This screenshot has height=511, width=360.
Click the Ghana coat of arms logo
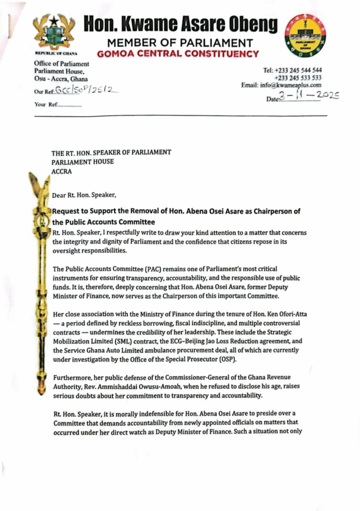coord(54,32)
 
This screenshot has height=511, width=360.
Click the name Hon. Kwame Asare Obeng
coord(180,23)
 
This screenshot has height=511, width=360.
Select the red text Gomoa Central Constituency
coord(178,54)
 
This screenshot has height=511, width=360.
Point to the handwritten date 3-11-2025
coord(310,96)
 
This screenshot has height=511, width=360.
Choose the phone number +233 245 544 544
coord(292,70)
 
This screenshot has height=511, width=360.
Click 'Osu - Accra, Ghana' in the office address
coord(60,79)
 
